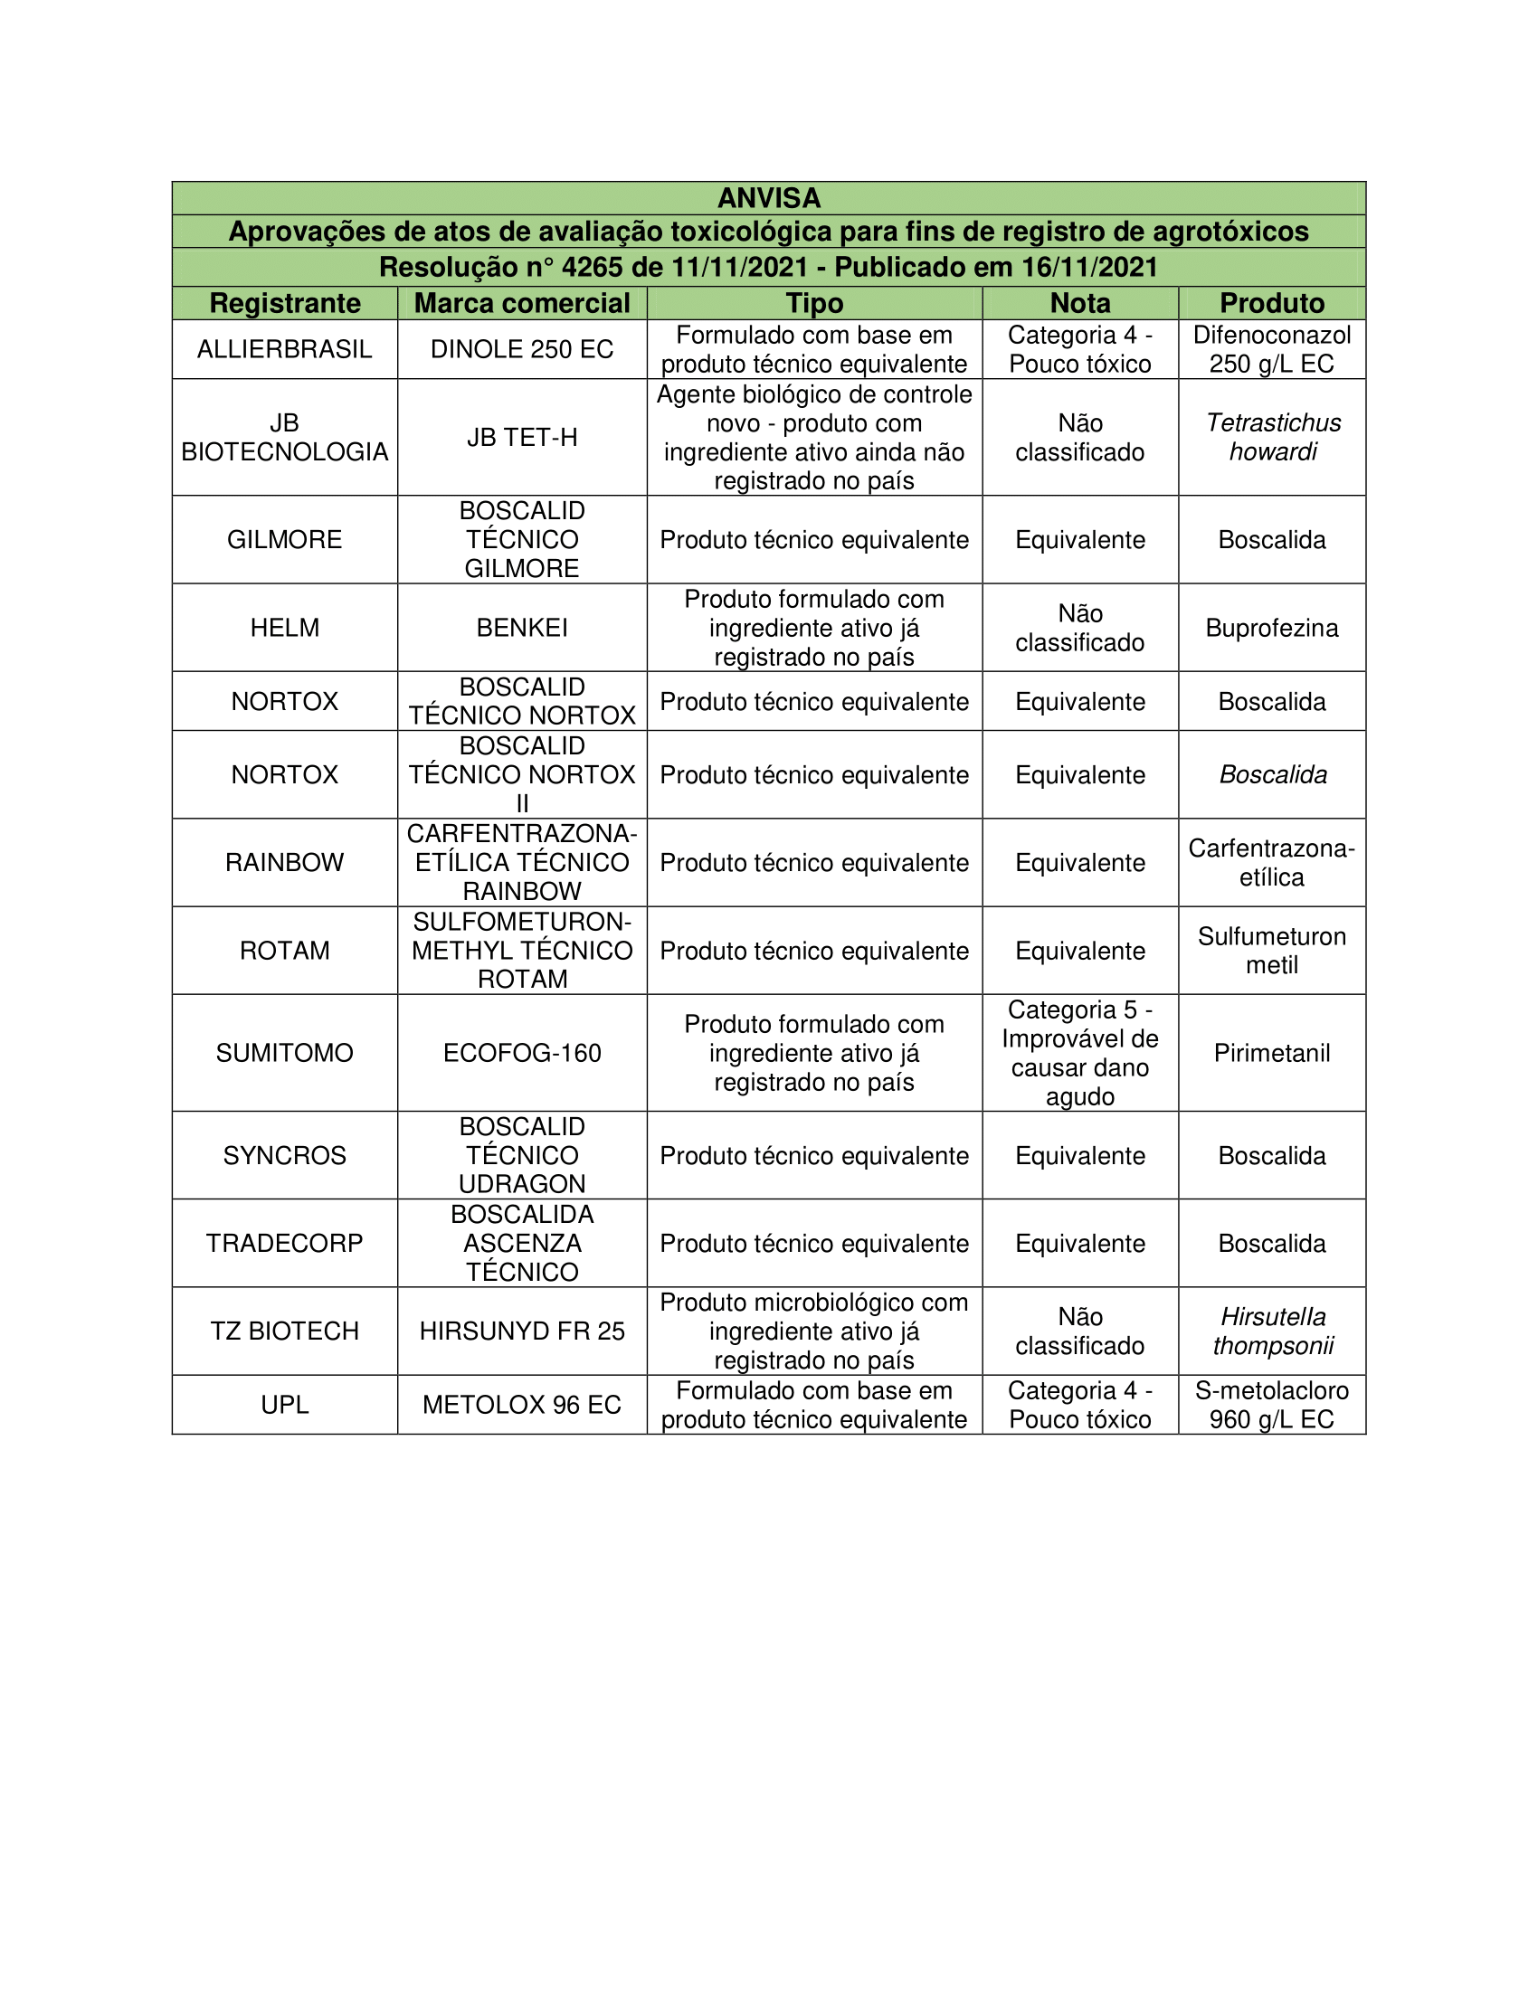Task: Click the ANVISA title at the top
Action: click(x=768, y=198)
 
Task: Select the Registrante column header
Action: click(x=284, y=303)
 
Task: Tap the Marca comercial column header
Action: click(x=522, y=303)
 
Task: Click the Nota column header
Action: click(x=1079, y=303)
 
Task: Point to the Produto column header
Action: click(x=1272, y=303)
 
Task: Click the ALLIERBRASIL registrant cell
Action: click(x=284, y=349)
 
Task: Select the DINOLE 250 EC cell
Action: click(x=522, y=349)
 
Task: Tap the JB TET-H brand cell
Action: click(x=522, y=438)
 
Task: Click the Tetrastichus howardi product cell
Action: click(x=1272, y=438)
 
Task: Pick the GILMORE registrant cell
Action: click(x=284, y=539)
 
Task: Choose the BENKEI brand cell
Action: click(x=522, y=628)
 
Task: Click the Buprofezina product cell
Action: click(x=1272, y=628)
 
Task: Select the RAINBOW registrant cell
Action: click(x=284, y=862)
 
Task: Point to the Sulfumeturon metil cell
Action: click(x=1272, y=951)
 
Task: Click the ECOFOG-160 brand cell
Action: click(x=522, y=1052)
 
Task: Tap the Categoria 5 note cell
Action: click(x=1079, y=1052)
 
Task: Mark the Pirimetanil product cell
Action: click(x=1272, y=1052)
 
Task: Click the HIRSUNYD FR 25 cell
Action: click(x=522, y=1331)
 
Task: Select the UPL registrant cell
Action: click(x=284, y=1404)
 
